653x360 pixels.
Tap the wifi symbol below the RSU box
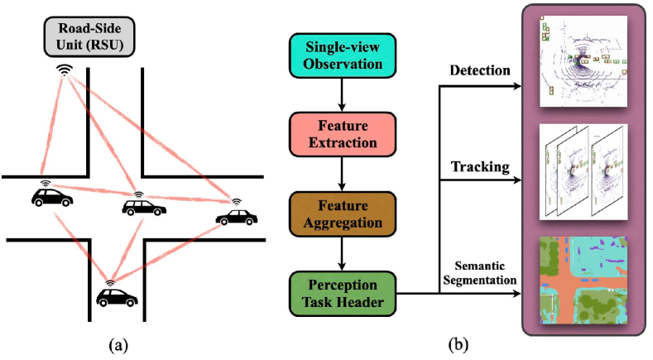[x=64, y=70]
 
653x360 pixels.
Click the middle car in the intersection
[x=139, y=205]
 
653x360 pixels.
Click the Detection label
[x=480, y=70]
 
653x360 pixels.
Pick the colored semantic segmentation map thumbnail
[x=583, y=280]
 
